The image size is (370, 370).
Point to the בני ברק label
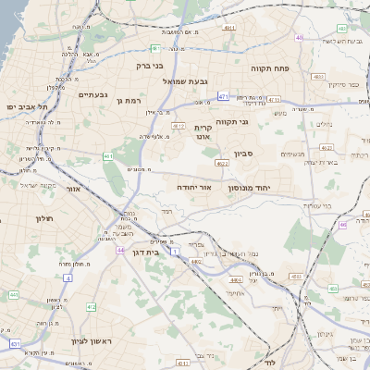click(152, 66)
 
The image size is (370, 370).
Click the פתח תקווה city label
click(269, 69)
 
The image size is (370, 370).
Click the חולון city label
click(19, 219)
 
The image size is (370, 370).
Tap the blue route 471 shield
click(223, 96)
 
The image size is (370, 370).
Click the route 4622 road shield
click(221, 163)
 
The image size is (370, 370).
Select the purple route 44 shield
click(120, 250)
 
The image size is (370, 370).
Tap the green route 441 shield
click(14, 294)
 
